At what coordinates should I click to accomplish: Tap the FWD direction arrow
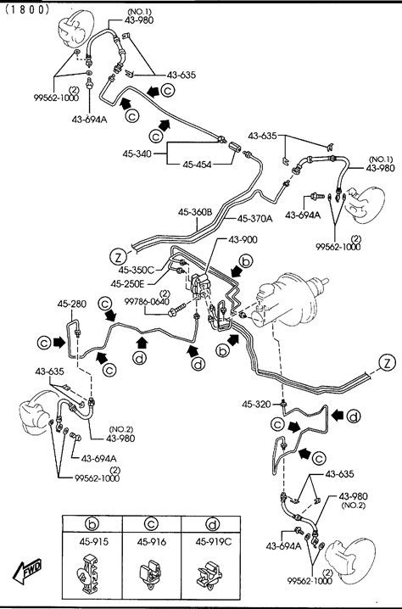(27, 570)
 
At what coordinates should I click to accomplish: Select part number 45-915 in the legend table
(92, 541)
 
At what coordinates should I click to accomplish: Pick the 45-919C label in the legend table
(214, 541)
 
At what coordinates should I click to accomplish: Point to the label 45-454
(197, 165)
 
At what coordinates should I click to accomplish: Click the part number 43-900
(243, 240)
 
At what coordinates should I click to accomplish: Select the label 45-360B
(195, 212)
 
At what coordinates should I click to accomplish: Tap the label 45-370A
(254, 219)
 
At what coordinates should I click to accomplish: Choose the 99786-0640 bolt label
(147, 301)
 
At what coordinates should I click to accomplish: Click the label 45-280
(72, 304)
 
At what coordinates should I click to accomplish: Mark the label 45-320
(256, 405)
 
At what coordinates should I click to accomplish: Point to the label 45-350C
(136, 270)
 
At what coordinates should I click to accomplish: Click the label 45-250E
(127, 284)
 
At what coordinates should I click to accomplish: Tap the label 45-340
(137, 154)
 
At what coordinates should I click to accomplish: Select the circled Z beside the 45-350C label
(118, 257)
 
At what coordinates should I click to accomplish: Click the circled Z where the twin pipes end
(387, 364)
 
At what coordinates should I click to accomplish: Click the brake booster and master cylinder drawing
(288, 300)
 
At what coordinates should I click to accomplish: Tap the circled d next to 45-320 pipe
(354, 416)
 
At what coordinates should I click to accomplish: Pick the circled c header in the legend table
(151, 524)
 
